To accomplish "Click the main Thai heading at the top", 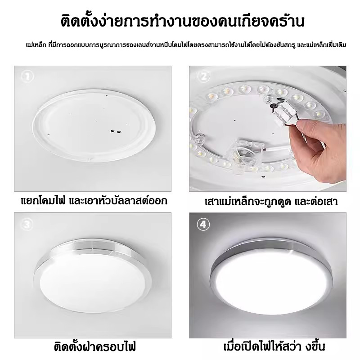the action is (183, 22).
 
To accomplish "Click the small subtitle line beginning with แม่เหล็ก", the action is (186, 45).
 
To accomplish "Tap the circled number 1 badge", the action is (27, 76).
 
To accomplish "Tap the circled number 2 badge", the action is (204, 76).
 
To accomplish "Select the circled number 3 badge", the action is (27, 224).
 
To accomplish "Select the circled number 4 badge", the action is (203, 224).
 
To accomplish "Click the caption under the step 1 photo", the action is (94, 201).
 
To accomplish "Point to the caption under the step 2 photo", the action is (271, 201).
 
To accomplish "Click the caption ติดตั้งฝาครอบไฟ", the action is (95, 346).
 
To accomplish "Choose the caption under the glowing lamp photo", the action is (274, 346).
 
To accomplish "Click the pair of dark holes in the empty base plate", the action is (116, 131).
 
